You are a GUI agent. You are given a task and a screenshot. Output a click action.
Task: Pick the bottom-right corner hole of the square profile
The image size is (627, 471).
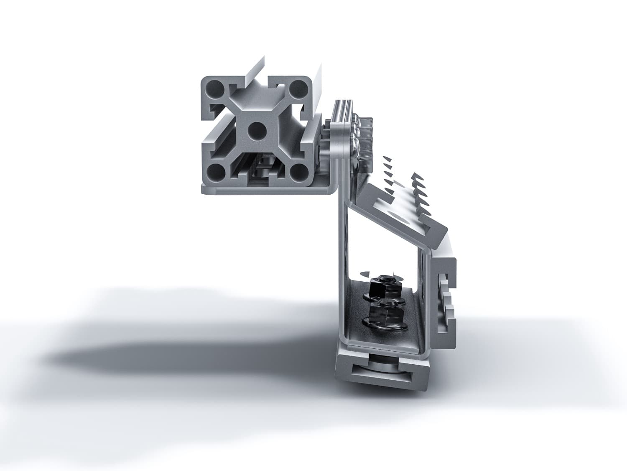coord(298,172)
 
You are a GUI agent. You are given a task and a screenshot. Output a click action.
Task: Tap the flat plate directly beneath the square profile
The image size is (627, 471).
coord(268,190)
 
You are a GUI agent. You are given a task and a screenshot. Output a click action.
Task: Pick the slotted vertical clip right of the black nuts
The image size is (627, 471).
coord(445,301)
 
